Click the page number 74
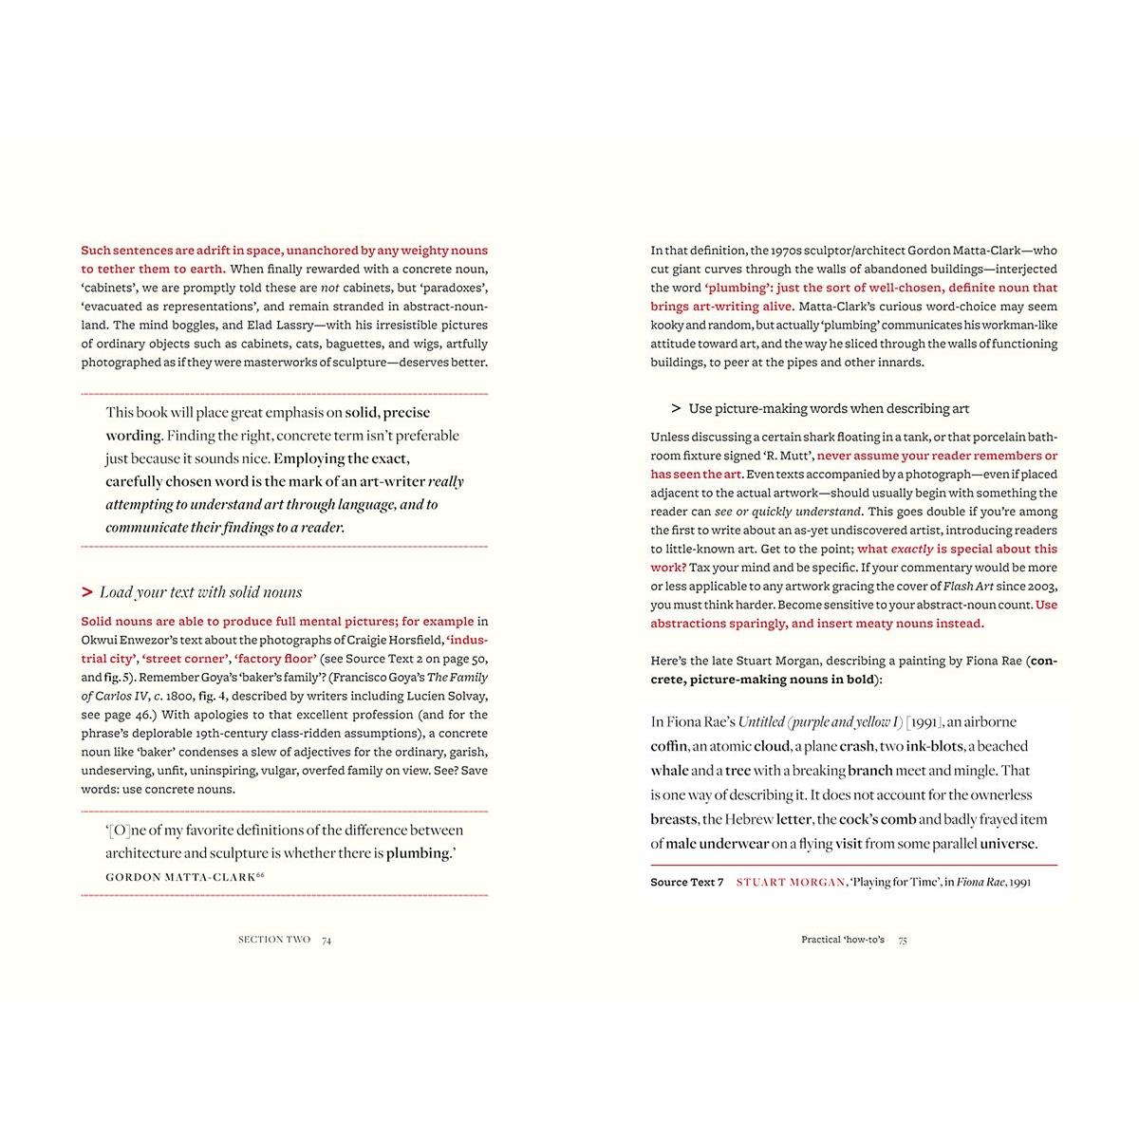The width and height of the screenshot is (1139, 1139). [327, 940]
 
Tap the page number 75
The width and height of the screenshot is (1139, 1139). [903, 940]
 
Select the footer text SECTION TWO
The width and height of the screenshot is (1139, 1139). [274, 940]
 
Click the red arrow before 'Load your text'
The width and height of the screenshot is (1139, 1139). [87, 592]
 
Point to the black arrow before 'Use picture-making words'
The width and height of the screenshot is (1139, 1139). [676, 408]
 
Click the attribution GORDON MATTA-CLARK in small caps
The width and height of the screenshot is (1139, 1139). [180, 877]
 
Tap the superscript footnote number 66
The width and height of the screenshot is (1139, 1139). [259, 874]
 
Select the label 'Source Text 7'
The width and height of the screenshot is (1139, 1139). [687, 882]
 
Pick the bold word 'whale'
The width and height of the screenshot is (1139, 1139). [668, 771]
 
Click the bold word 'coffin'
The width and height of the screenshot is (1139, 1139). [669, 746]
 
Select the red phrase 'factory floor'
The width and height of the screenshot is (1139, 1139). [275, 659]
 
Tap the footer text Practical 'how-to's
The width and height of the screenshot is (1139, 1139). [842, 940]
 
